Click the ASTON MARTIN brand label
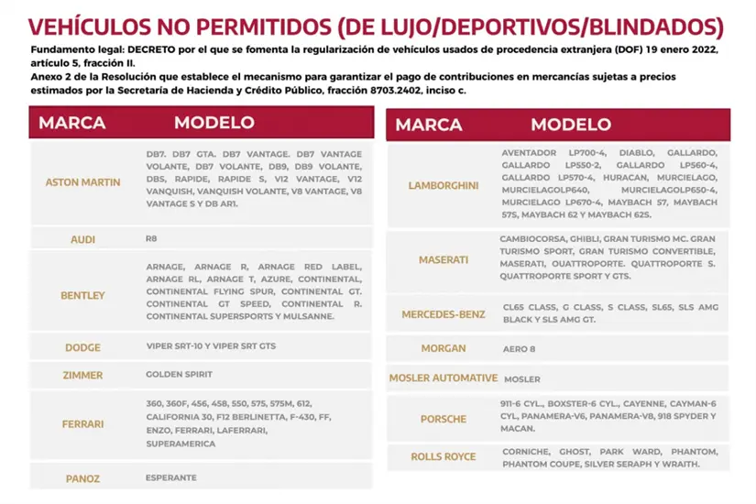pyautogui.click(x=82, y=182)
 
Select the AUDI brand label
pyautogui.click(x=82, y=239)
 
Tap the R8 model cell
pyautogui.click(x=151, y=238)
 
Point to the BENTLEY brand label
pyautogui.click(x=82, y=296)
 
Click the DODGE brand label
pyautogui.click(x=82, y=347)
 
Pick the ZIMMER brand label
pyautogui.click(x=82, y=376)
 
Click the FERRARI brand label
pyautogui.click(x=82, y=424)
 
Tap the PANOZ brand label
pyautogui.click(x=82, y=478)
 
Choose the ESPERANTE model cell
pyautogui.click(x=170, y=477)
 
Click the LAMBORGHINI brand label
pyautogui.click(x=444, y=186)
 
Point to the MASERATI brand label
pyautogui.click(x=444, y=260)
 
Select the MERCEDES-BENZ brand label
pyautogui.click(x=444, y=314)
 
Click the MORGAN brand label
pyautogui.click(x=444, y=349)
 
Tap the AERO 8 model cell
pyautogui.click(x=520, y=349)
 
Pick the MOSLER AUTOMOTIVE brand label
pyautogui.click(x=444, y=378)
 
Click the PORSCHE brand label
pyautogui.click(x=444, y=420)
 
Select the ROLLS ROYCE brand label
pyautogui.click(x=444, y=456)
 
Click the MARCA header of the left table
pyautogui.click(x=72, y=123)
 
